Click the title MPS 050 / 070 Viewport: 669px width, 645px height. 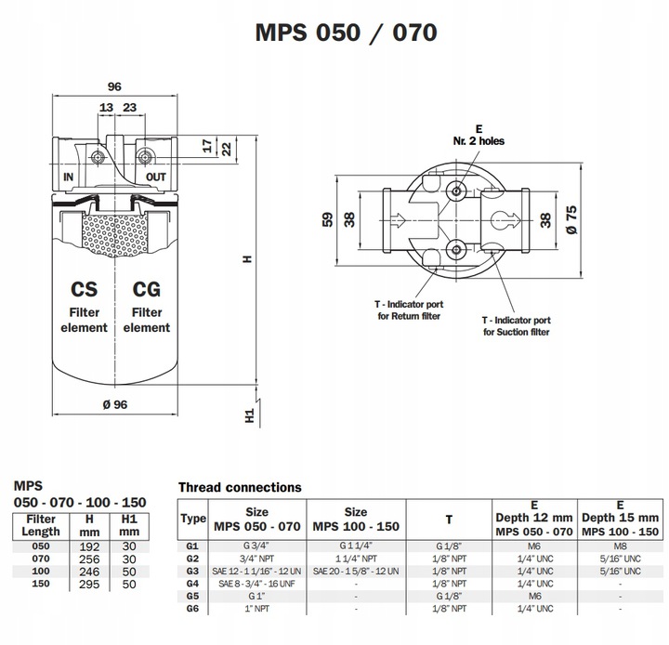pos(345,33)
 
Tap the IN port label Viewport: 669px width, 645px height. pos(68,176)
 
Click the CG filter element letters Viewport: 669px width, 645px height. pos(147,289)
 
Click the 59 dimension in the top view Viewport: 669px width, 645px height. pos(325,219)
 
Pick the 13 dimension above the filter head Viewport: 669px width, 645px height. pos(106,108)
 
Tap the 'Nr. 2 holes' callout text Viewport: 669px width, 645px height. pos(479,141)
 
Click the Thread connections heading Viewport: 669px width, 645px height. pos(240,487)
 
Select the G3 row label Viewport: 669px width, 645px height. pos(192,570)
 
